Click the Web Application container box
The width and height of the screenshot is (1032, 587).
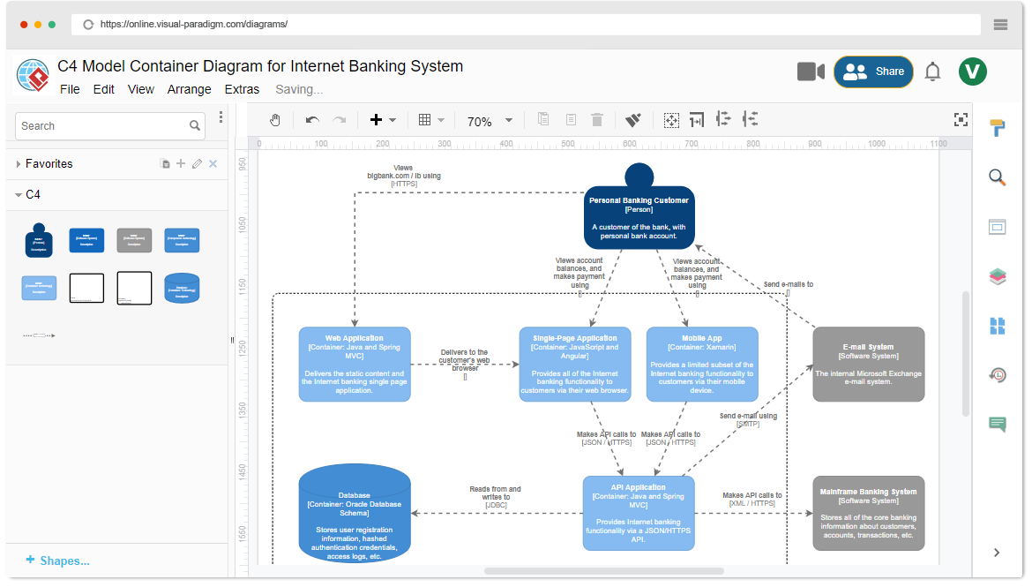click(x=355, y=364)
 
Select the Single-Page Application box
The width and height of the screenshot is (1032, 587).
click(x=575, y=364)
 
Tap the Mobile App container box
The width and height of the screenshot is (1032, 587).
click(x=702, y=364)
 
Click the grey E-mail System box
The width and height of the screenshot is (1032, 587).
click(x=868, y=364)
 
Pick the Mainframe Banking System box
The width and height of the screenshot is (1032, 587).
click(x=868, y=513)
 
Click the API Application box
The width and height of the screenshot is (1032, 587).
click(x=639, y=513)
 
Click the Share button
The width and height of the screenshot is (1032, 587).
click(x=873, y=71)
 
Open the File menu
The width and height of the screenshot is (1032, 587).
click(x=70, y=89)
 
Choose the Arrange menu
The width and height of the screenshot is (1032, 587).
click(x=190, y=89)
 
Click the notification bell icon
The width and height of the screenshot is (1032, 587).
click(x=932, y=72)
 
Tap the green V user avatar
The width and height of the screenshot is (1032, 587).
click(x=973, y=71)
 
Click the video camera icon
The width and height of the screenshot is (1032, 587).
click(x=811, y=71)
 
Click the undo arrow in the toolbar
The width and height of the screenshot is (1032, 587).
click(x=312, y=120)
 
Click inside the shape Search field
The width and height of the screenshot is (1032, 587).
click(x=101, y=126)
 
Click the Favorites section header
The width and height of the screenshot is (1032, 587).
click(x=49, y=163)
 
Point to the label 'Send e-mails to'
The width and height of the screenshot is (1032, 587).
click(x=788, y=284)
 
